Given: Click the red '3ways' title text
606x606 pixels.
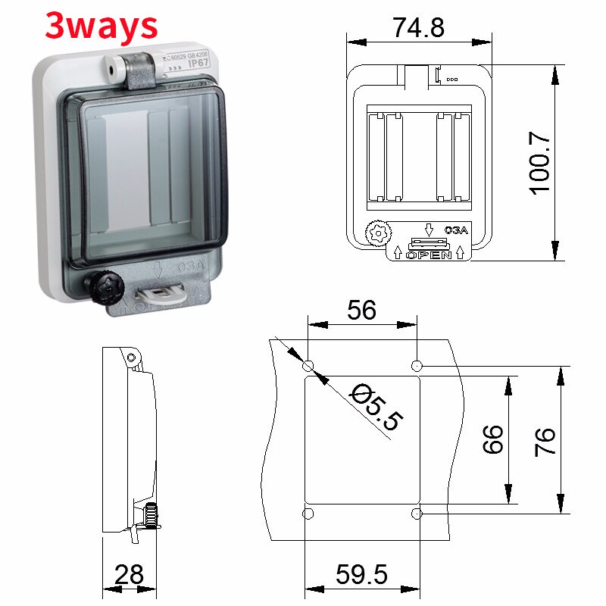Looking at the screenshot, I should pos(102,26).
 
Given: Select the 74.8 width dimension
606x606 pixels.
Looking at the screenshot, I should pos(418,27).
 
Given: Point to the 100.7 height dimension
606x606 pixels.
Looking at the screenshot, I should pos(539,161).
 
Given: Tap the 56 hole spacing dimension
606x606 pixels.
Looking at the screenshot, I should pos(361,310).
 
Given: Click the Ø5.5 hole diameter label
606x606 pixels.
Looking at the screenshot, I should pos(376,407).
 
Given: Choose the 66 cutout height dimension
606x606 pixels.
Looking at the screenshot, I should pos(493,439).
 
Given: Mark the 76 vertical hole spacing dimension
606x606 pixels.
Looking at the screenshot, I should pos(545,440).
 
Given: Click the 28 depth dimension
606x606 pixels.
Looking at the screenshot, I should pos(129,575).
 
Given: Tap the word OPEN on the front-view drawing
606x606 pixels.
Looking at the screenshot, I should pos(429,255).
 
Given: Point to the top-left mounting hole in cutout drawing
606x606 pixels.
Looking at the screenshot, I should pos(308,367).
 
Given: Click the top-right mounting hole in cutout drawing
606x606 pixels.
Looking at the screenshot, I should pos(416,367).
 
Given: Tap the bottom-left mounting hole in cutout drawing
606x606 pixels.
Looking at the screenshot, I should pos(308,514).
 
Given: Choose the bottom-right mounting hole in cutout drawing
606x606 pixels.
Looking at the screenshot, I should pos(416,514).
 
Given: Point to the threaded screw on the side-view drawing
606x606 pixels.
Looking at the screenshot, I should pos(151,516).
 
